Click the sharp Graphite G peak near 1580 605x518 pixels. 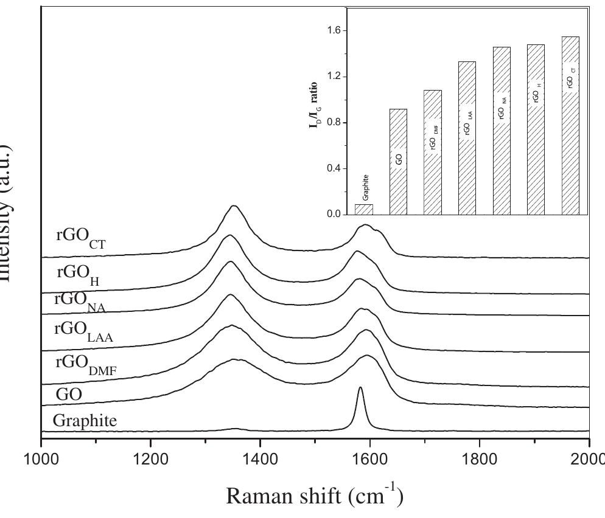click(x=360, y=389)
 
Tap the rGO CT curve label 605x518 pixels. click(x=80, y=237)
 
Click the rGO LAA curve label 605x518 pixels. click(x=83, y=331)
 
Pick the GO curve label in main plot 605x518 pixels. click(x=69, y=394)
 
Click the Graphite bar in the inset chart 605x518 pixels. click(x=364, y=209)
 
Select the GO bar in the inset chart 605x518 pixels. click(x=398, y=161)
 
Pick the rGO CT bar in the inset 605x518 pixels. click(x=570, y=125)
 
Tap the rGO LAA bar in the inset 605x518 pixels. click(x=467, y=137)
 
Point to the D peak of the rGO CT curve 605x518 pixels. click(x=234, y=207)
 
